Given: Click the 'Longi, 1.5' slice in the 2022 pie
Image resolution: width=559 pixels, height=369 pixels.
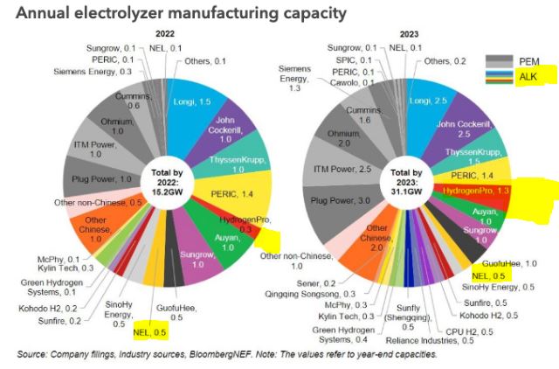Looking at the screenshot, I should coord(196,101).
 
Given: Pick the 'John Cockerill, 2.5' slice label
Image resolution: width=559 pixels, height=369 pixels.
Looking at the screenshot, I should coord(466,129).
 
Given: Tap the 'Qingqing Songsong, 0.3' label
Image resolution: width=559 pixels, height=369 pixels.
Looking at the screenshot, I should coord(312,294).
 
